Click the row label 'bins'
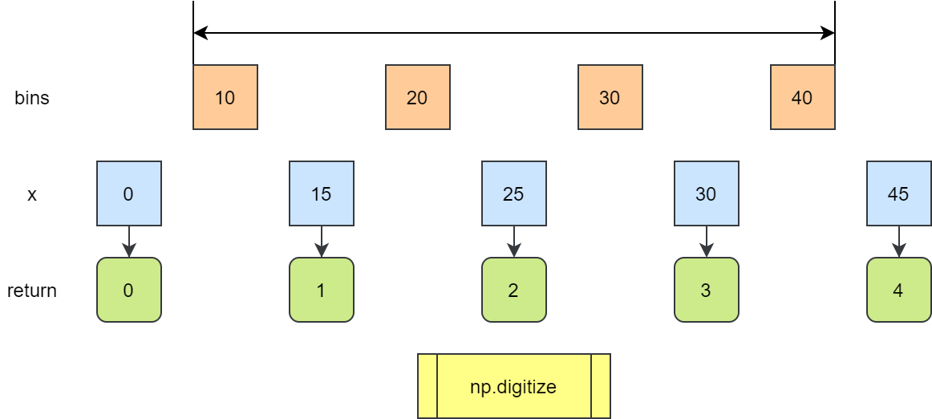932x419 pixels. click(x=32, y=98)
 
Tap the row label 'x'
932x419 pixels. click(x=32, y=194)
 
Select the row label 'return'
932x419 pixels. click(x=32, y=291)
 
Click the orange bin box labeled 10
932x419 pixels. click(x=225, y=97)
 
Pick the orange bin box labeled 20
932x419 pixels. click(x=418, y=97)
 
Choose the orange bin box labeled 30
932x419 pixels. click(x=610, y=97)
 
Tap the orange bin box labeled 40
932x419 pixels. click(x=803, y=97)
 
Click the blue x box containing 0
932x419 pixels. click(x=129, y=193)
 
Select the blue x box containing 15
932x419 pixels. click(x=322, y=193)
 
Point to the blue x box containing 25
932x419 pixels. click(x=514, y=193)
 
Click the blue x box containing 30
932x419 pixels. click(x=707, y=193)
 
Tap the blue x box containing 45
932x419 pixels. click(x=899, y=193)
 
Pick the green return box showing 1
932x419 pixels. click(x=322, y=290)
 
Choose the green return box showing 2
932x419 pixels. click(x=514, y=290)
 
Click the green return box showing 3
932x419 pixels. click(x=707, y=290)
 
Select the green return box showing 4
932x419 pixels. click(x=899, y=290)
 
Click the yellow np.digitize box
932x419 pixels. click(x=514, y=386)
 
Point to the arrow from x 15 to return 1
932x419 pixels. click(x=322, y=242)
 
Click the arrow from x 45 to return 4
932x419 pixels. click(x=899, y=242)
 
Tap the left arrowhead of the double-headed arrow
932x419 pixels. click(x=200, y=33)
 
